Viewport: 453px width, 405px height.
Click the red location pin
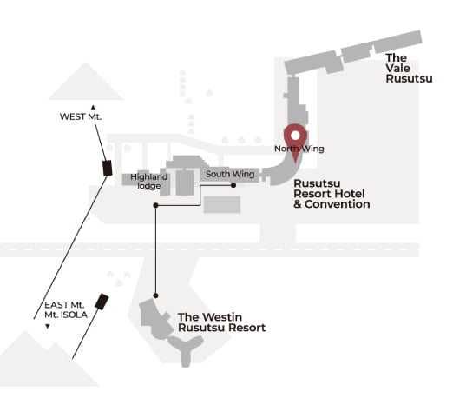[295, 139]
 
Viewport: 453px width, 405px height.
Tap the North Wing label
[299, 149]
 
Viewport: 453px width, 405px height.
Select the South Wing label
[230, 174]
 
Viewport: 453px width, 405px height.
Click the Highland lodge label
[149, 182]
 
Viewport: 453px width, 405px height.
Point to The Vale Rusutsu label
[409, 69]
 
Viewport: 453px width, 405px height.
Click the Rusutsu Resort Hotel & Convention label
[332, 194]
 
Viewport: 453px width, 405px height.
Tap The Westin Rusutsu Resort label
[221, 322]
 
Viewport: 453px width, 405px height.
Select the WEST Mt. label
[81, 116]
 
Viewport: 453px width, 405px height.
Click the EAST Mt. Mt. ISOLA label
[66, 309]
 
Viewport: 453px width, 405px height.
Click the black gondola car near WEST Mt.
[108, 168]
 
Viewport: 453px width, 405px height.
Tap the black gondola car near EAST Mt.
[102, 302]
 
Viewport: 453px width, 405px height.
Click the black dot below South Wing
[233, 185]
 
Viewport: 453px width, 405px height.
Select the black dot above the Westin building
[155, 295]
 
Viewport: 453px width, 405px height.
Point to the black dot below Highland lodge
[155, 205]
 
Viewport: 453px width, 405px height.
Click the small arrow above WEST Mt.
[93, 108]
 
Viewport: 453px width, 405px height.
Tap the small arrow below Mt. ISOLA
[48, 327]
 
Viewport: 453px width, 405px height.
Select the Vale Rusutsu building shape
[352, 53]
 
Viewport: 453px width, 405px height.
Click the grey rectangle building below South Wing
[222, 204]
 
